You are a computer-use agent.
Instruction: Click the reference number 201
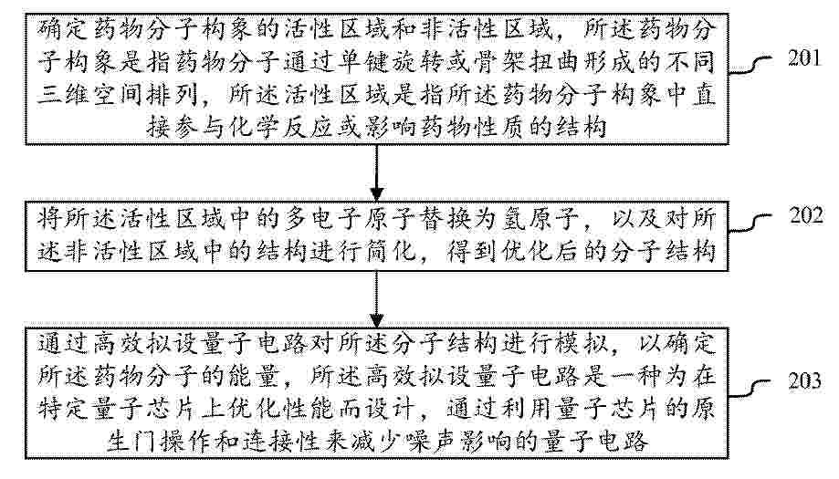804,57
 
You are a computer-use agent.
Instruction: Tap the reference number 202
806,215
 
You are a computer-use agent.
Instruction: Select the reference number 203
804,381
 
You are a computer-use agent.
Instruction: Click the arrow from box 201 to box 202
377,172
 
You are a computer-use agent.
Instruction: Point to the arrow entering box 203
377,299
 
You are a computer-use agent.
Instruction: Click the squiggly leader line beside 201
751,64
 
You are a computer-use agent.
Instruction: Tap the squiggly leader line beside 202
751,223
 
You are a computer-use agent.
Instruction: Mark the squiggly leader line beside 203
751,388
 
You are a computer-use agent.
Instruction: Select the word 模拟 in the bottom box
581,343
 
